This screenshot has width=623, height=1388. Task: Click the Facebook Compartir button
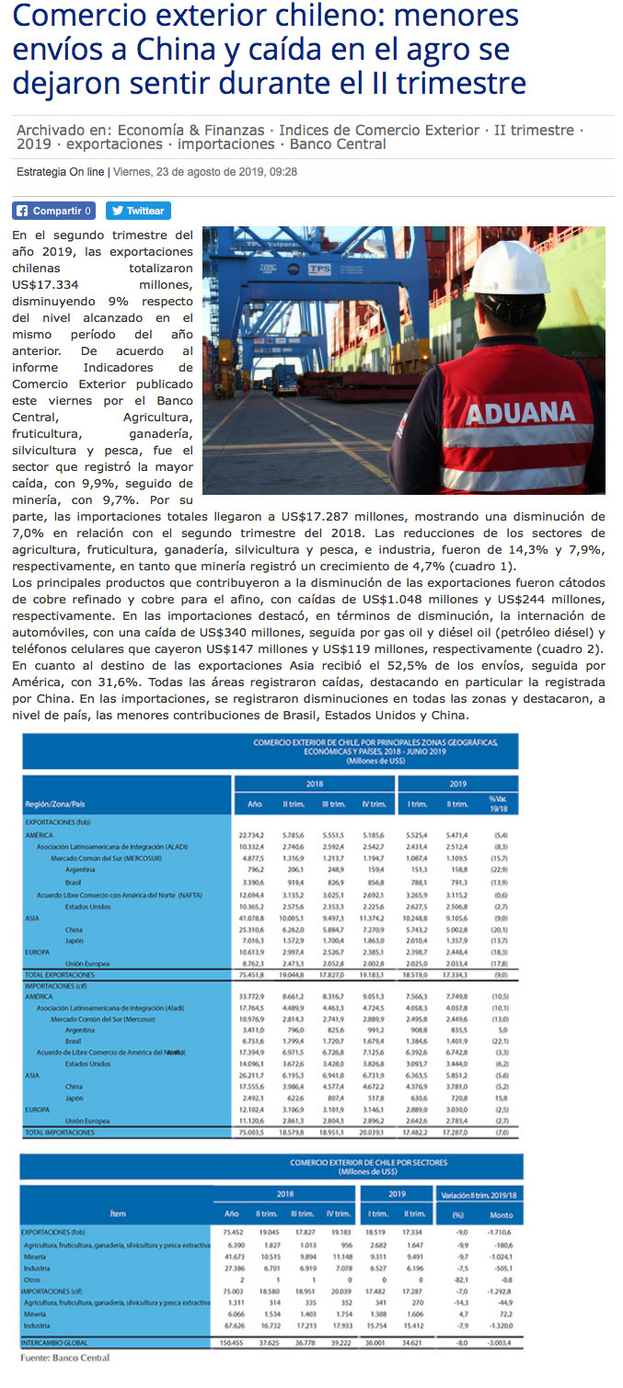(53, 211)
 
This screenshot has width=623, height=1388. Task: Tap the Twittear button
(138, 211)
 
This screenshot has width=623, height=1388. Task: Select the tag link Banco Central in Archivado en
(338, 144)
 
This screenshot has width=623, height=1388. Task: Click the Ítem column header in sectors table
(118, 1214)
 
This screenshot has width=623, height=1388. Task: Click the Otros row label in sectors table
(31, 1279)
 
